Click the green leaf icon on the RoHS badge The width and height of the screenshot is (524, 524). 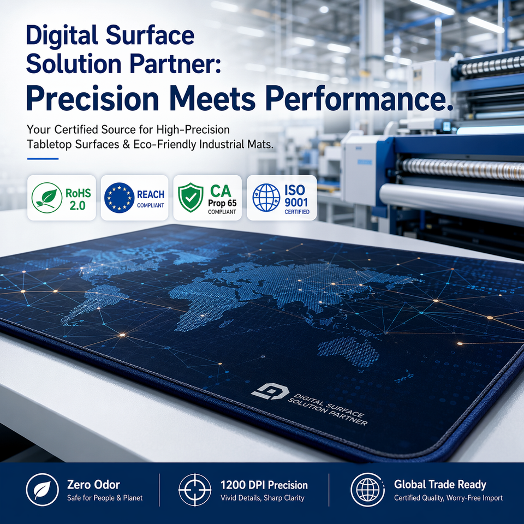(47, 198)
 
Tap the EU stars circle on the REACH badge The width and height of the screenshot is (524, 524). (120, 198)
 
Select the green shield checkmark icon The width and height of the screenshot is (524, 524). (190, 198)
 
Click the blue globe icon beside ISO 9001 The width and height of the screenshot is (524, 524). (266, 198)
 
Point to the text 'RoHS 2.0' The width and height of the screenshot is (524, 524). (78, 199)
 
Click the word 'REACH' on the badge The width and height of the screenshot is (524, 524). (151, 194)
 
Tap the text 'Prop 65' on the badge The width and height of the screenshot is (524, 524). (222, 203)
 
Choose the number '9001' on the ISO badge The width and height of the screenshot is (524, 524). (296, 202)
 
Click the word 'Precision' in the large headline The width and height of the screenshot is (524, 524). (92, 98)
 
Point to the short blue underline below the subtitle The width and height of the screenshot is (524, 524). (43, 159)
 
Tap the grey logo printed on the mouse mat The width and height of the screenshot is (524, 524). (270, 391)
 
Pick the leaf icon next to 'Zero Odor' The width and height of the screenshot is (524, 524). (43, 490)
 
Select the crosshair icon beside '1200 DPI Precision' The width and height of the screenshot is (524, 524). (195, 490)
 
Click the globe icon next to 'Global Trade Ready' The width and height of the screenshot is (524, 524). (367, 490)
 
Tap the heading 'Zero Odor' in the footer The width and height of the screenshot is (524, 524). (93, 485)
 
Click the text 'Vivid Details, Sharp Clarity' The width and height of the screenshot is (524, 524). (263, 498)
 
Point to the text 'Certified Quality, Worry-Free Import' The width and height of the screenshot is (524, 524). (448, 498)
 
